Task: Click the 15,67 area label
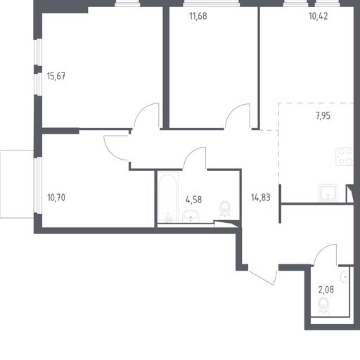pyautogui.click(x=56, y=76)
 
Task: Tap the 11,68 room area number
pyautogui.click(x=198, y=16)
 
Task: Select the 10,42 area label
pyautogui.click(x=319, y=16)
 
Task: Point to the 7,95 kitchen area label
pyautogui.click(x=323, y=115)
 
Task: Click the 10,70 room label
pyautogui.click(x=56, y=198)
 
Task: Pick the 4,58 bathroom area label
pyautogui.click(x=193, y=200)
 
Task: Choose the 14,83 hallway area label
pyautogui.click(x=261, y=198)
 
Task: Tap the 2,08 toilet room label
pyautogui.click(x=326, y=290)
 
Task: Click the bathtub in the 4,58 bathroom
pyautogui.click(x=168, y=198)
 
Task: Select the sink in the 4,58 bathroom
pyautogui.click(x=191, y=216)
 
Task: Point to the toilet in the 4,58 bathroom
pyautogui.click(x=225, y=209)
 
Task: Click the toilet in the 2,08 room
pyautogui.click(x=323, y=306)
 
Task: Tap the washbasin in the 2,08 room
pyautogui.click(x=345, y=277)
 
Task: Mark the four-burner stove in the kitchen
pyautogui.click(x=344, y=156)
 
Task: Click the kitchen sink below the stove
pyautogui.click(x=328, y=193)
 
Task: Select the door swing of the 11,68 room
pyautogui.click(x=237, y=116)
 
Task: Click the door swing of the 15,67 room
pyautogui.click(x=147, y=116)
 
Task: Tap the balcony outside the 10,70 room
pyautogui.click(x=17, y=184)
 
